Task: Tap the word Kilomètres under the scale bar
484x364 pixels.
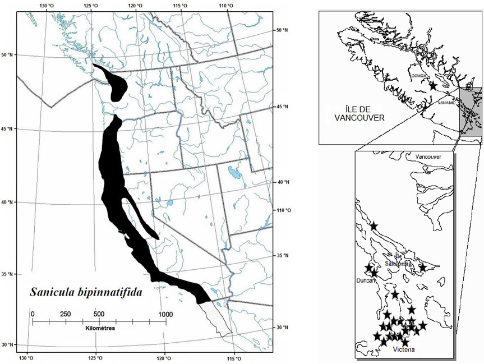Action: coord(100,328)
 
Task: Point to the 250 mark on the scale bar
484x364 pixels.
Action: coord(66,314)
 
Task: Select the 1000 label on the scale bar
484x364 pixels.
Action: coord(165,314)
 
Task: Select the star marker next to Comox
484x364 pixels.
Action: coord(433,86)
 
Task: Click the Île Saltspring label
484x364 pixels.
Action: coord(398,261)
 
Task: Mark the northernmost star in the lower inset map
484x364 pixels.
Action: coord(374,226)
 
